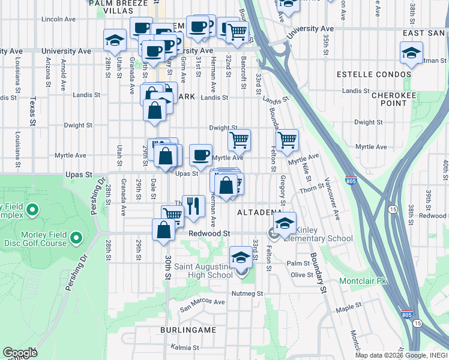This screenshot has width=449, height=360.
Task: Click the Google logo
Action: (x=20, y=353)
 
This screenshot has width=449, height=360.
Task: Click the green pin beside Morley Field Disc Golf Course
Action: (x=76, y=238)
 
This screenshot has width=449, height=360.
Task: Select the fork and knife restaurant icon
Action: (x=193, y=206)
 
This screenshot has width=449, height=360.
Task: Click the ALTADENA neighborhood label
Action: (x=260, y=213)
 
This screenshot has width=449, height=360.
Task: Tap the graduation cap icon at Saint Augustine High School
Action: (x=241, y=257)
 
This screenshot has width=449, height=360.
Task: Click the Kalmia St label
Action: (x=184, y=347)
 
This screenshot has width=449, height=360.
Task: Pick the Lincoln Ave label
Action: (x=59, y=19)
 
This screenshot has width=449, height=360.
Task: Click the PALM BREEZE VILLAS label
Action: (x=118, y=7)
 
